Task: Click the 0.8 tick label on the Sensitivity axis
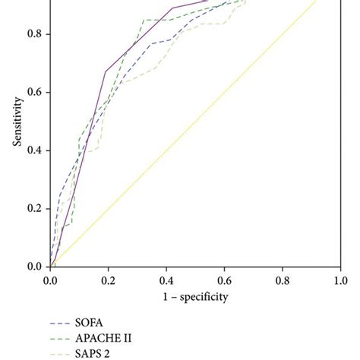(33, 34)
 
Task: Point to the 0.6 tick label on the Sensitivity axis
(33, 92)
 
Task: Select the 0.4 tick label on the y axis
(33, 150)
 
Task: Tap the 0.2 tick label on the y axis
(33, 208)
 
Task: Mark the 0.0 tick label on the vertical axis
(33, 267)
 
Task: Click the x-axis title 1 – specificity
(195, 295)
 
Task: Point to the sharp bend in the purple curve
(106, 71)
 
